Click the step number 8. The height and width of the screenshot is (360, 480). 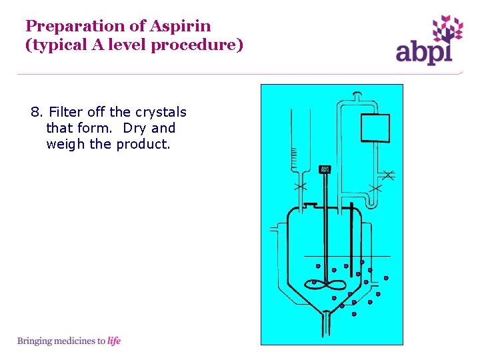click(x=35, y=112)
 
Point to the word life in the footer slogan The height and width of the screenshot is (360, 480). click(x=114, y=341)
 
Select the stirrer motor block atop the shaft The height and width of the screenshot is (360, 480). click(x=325, y=169)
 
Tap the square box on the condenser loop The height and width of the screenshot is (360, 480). click(x=375, y=128)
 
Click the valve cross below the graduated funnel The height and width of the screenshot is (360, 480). click(x=300, y=185)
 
